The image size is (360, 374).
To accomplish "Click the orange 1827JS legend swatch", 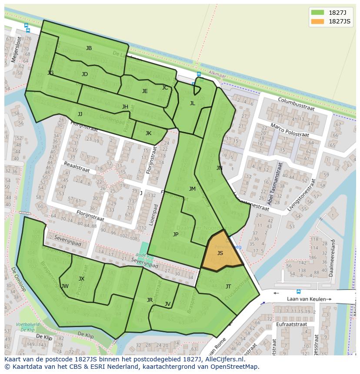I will point(318,21).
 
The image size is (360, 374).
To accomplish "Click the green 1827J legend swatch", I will point(318,12).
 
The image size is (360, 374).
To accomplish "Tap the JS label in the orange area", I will point(220,253).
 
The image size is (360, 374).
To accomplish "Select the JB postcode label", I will point(89,48).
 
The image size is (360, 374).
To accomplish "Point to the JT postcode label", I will point(228,286).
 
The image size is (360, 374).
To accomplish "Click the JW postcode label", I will point(65,286).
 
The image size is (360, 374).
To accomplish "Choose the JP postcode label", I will point(176,234).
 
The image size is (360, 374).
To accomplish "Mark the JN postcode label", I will point(219,168).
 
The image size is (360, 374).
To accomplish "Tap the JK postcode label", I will point(148,133).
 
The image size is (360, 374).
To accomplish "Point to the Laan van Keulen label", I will point(307,299).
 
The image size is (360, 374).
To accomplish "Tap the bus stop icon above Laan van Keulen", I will point(298,291).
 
